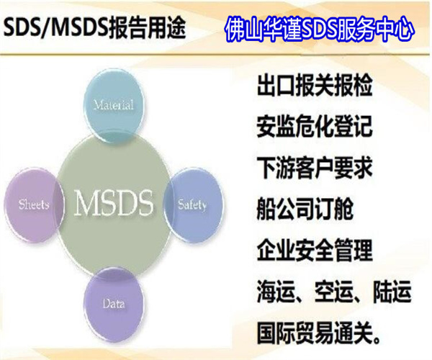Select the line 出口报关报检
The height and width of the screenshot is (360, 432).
[x=315, y=87]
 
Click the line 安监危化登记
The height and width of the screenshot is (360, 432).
[x=315, y=128]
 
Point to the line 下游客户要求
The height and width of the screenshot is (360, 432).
[x=315, y=169]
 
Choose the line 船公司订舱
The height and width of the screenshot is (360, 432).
[x=305, y=210]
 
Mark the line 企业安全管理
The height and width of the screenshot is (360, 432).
[x=315, y=251]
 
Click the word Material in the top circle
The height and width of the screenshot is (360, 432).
[x=113, y=105]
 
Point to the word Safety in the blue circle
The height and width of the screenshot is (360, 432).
[x=192, y=204]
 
